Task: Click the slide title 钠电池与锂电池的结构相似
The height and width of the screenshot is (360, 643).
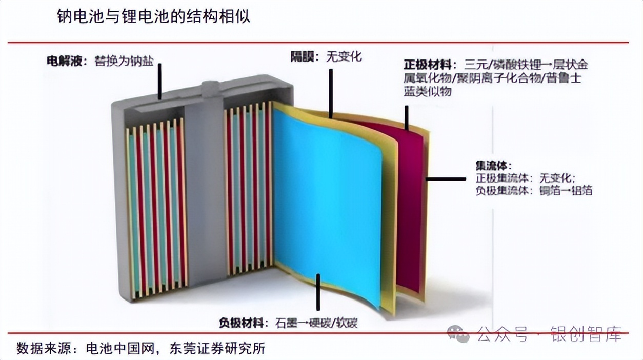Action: pyautogui.click(x=153, y=16)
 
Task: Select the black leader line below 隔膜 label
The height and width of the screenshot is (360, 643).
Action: pyautogui.click(x=331, y=92)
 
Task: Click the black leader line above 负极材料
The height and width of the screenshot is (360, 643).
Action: pyautogui.click(x=318, y=292)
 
